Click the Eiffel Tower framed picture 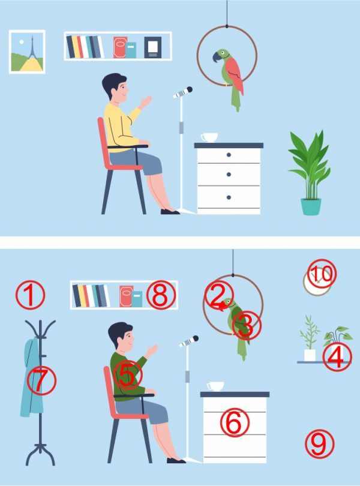27,52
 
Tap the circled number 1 30,295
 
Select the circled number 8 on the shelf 161,295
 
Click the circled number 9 319,444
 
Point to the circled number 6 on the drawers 235,422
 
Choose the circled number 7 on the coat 41,380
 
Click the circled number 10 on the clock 321,274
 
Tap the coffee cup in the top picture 209,137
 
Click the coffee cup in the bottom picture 215,386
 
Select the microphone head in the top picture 183,92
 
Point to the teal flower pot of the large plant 311,207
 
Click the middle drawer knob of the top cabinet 229,175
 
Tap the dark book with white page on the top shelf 153,47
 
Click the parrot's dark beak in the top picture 216,58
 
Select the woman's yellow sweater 122,127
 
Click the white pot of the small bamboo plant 310,355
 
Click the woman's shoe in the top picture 170,212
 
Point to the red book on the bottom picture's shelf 126,296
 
